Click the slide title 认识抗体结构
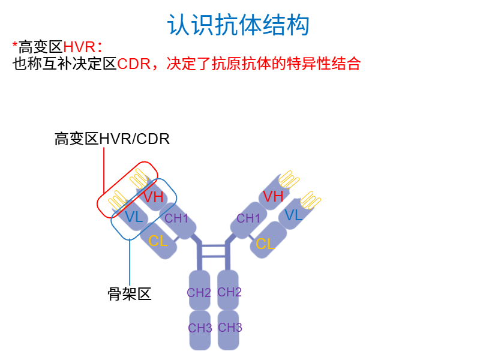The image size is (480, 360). point(239,25)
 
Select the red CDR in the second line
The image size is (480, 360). point(133,64)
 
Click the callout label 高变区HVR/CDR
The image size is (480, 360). point(112,139)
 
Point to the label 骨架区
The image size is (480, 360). point(129,293)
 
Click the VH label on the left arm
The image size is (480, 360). point(153,197)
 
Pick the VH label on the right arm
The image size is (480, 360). point(273,196)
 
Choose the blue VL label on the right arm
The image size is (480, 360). point(293,215)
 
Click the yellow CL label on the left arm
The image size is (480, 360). point(158,241)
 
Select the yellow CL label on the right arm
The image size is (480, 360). point(265,244)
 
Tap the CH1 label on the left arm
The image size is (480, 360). point(176,218)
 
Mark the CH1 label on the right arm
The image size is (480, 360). point(248,218)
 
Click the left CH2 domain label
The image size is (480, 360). point(199,293)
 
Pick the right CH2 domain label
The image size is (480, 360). point(229,292)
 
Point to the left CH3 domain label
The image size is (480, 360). point(200,328)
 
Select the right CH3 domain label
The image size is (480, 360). point(230,328)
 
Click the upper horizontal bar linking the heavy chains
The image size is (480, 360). point(213,245)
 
